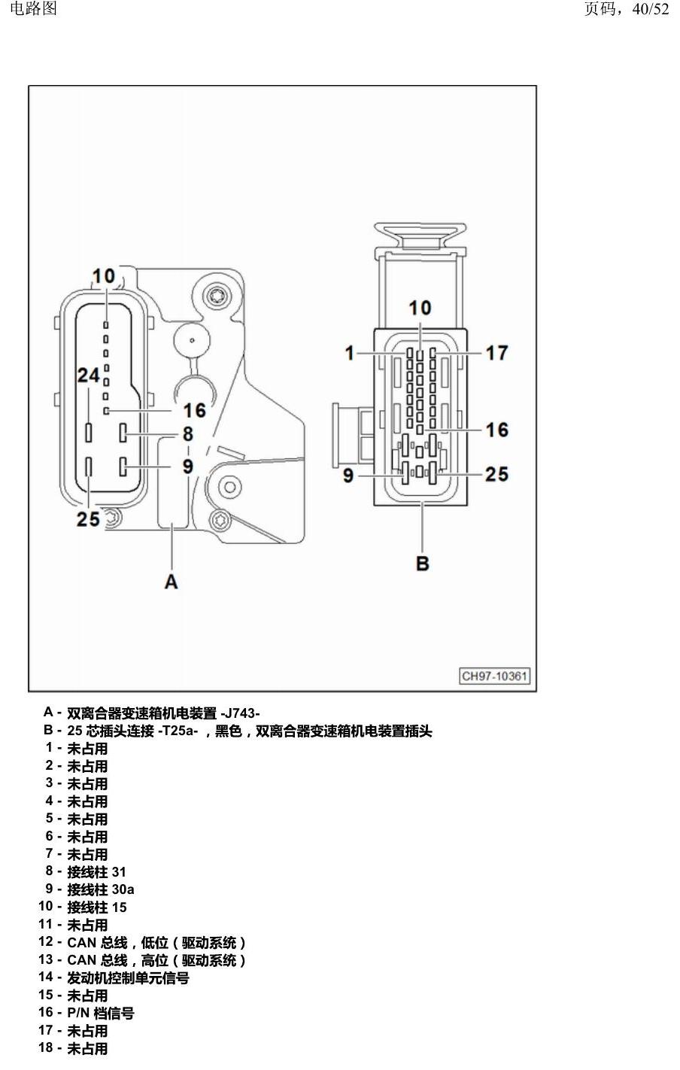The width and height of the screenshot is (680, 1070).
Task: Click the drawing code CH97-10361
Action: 494,676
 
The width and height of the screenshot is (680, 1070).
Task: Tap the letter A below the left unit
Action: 171,582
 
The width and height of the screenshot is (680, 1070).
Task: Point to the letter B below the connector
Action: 423,563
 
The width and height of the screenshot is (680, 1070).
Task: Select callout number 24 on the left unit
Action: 89,375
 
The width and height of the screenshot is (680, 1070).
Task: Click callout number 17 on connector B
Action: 496,353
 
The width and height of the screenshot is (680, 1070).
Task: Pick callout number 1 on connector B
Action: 350,353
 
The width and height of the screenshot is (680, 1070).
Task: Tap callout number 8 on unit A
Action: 187,433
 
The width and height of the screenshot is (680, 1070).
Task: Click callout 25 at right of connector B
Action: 496,474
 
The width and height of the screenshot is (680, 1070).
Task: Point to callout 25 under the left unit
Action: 88,518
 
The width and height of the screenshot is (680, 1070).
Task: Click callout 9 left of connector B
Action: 348,475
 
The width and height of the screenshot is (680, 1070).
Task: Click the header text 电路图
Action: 33,8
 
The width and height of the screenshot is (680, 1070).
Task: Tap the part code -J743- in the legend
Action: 240,713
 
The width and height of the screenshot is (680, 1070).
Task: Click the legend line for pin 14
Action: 114,977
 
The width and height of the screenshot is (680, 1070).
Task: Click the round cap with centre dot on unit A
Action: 192,340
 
